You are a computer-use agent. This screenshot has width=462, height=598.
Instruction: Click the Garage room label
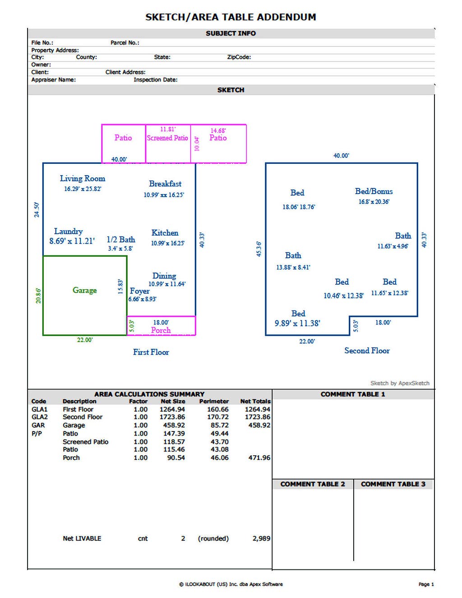[x=85, y=290]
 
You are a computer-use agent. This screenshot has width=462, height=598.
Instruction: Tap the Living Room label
[x=83, y=178]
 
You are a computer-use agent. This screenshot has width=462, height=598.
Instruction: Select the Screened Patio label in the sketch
[x=167, y=138]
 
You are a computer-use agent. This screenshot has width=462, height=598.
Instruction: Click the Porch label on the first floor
[x=161, y=330]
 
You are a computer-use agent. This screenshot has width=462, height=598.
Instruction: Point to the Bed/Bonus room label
[x=374, y=191]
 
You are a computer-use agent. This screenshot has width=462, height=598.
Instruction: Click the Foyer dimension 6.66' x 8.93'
[x=142, y=299]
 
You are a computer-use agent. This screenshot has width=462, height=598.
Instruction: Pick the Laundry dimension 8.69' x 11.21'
[x=72, y=241]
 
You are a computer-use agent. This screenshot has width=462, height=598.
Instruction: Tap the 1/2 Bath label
[x=121, y=239]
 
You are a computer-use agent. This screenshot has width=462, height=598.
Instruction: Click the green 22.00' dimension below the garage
[x=85, y=340]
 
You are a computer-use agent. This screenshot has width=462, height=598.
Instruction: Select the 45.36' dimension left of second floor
[x=259, y=249]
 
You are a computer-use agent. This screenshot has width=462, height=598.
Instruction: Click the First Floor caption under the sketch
[x=151, y=352]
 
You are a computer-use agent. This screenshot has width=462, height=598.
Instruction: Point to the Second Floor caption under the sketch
[x=367, y=351]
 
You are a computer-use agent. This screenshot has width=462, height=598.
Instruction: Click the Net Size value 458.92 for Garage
[x=174, y=425]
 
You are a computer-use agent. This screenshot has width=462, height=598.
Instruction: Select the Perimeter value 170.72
[x=218, y=417]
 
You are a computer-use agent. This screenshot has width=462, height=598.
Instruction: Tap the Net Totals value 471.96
[x=259, y=458]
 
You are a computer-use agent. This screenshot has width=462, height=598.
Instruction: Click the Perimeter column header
[x=214, y=401]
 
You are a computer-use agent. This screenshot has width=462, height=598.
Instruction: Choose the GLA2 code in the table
[x=39, y=417]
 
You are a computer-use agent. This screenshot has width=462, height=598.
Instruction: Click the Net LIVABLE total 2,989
[x=261, y=538]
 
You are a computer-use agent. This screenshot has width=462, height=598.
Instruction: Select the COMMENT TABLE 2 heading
[x=312, y=484]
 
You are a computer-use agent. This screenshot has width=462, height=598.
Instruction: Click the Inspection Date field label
[x=156, y=80]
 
